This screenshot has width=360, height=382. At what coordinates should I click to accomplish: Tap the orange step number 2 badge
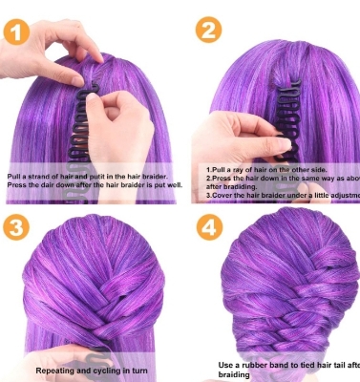point(207,32)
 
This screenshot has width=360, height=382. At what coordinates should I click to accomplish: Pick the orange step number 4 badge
point(207,228)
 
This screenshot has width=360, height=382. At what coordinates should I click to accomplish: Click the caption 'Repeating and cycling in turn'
point(94,370)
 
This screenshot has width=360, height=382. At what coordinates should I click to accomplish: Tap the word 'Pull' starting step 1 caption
point(15,177)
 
